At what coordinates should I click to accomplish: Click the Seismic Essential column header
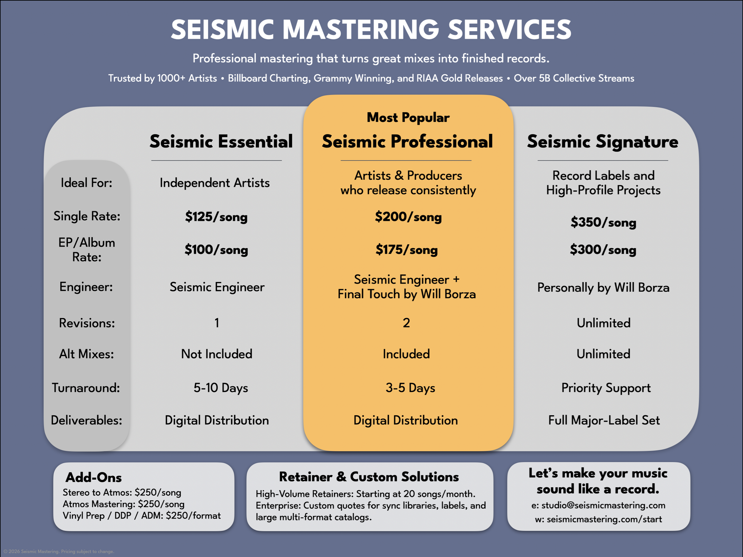[x=221, y=141]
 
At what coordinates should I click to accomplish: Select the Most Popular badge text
[x=408, y=118]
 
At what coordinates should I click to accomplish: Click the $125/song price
[x=216, y=217]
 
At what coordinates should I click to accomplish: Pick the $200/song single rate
[x=408, y=217]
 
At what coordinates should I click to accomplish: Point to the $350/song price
[x=603, y=222]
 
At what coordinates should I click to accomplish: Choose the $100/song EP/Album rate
[x=216, y=250]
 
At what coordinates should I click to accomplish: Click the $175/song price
[x=407, y=250]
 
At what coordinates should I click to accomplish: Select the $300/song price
[x=603, y=250]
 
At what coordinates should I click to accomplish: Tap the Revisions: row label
[x=87, y=323]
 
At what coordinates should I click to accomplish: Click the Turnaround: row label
[x=86, y=388]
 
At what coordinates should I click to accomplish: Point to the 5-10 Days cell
[x=221, y=388]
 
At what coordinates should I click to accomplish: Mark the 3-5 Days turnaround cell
[x=410, y=388]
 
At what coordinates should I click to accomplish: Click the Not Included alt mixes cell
[x=217, y=354]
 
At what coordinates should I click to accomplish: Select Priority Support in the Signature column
[x=606, y=388]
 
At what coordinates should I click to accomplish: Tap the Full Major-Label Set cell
[x=604, y=420]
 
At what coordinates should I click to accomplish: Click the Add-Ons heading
[x=94, y=477]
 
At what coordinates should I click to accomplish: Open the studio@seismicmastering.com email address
[x=603, y=505]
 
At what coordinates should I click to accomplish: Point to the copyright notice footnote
[x=59, y=551]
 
